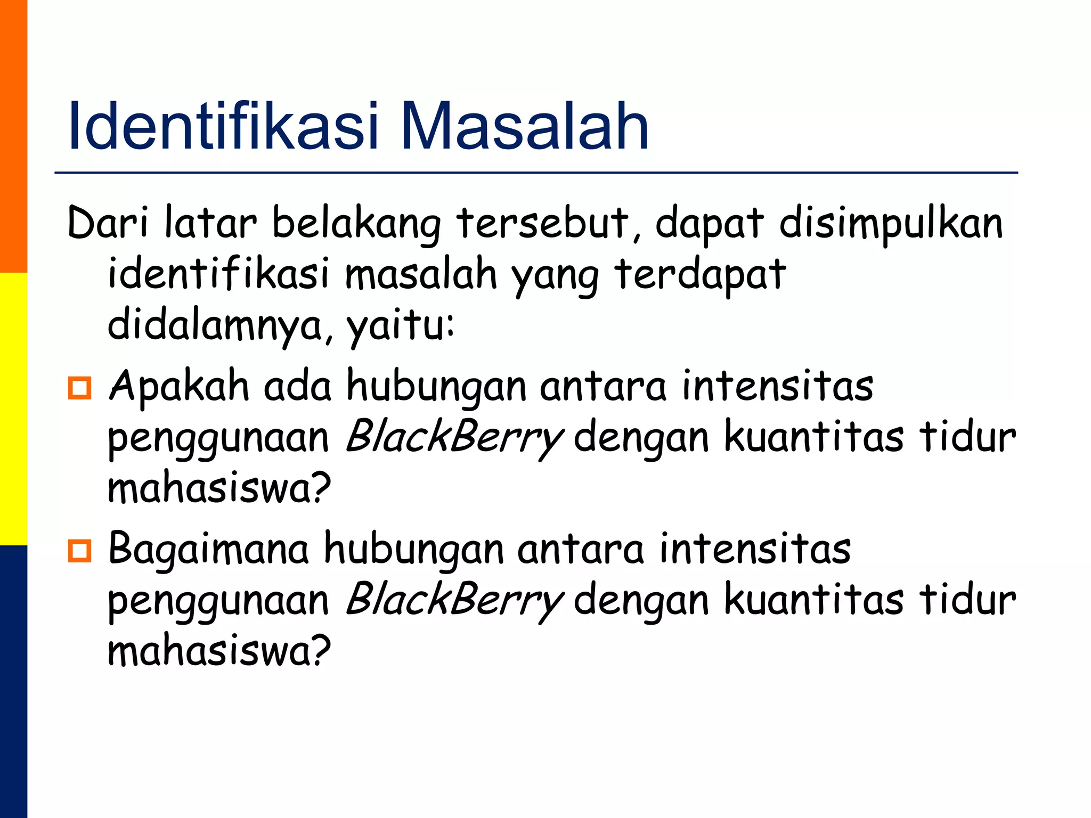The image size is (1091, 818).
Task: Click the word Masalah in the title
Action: coord(524,127)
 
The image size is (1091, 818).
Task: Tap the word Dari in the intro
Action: coord(108,223)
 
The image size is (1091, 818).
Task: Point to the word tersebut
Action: coord(542,223)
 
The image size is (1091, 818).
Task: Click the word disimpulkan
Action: coord(891,223)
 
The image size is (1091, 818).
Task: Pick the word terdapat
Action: coord(700,274)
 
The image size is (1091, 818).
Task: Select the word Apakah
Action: coord(179,386)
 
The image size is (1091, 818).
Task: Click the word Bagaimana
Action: coord(208,549)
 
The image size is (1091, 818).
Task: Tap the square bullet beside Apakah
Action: coord(80,388)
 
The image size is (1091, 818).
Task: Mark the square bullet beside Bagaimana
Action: coord(80,551)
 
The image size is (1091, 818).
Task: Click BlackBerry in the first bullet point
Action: coord(454,437)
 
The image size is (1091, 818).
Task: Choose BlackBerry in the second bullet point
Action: coord(454,600)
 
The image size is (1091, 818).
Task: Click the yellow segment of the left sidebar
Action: coord(13,408)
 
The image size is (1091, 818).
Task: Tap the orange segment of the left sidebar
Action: coord(13,136)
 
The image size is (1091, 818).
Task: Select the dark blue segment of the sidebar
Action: coord(13,682)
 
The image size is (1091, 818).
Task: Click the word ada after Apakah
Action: coord(298,386)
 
